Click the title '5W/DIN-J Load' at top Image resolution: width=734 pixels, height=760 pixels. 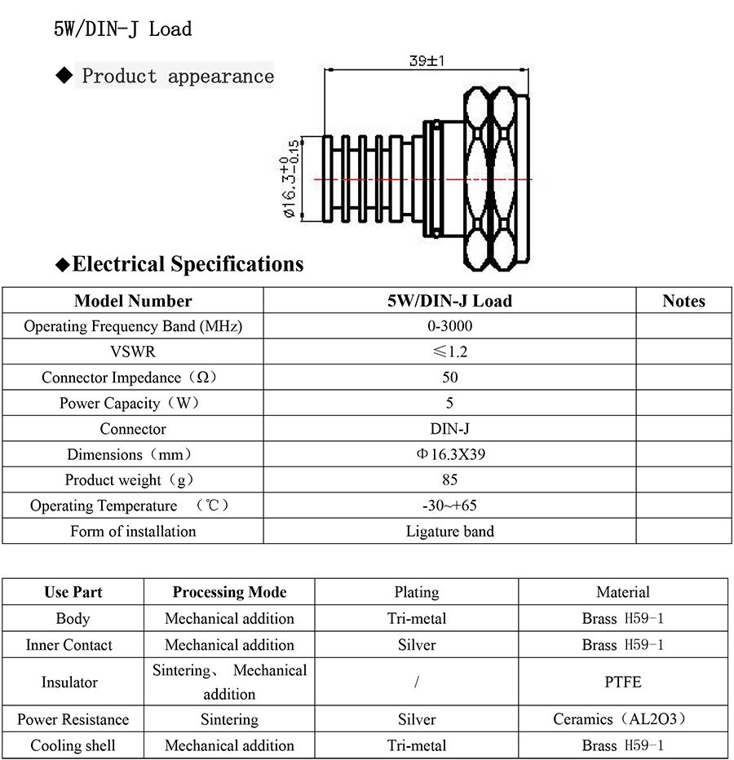(x=122, y=29)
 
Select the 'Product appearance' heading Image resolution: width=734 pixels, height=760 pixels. (x=178, y=77)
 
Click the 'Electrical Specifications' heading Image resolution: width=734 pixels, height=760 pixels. (x=188, y=264)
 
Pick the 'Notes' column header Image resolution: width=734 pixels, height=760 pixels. (x=683, y=301)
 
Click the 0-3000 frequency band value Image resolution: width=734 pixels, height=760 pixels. (x=449, y=326)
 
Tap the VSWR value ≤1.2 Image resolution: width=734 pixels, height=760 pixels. (x=449, y=352)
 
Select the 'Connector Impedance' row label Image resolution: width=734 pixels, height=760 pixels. (x=132, y=378)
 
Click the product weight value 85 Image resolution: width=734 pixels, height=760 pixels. (x=449, y=479)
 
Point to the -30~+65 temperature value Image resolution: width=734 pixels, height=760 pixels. (x=449, y=506)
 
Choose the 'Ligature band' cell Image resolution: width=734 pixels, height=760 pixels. (x=449, y=531)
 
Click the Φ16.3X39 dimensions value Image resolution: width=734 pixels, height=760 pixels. (x=449, y=454)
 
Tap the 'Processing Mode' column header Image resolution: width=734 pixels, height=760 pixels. (x=229, y=592)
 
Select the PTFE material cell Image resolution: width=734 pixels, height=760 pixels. (x=623, y=682)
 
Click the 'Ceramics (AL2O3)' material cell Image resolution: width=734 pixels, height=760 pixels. (x=623, y=719)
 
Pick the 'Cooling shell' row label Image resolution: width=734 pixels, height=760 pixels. (x=73, y=745)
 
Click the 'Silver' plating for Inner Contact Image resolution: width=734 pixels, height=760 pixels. (x=417, y=645)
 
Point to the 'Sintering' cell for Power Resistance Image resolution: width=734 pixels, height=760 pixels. (x=229, y=719)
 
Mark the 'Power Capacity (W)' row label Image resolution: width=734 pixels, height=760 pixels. (x=132, y=403)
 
